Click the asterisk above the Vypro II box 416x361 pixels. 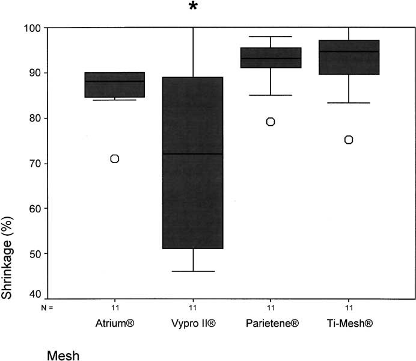(x=193, y=7)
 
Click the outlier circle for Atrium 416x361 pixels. (x=114, y=158)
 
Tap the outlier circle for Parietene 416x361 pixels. (x=271, y=122)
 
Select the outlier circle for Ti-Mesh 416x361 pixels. (x=349, y=140)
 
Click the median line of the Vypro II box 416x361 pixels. (x=193, y=154)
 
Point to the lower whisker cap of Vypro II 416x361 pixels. (x=193, y=271)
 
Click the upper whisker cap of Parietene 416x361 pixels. (x=271, y=37)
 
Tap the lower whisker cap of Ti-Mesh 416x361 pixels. (x=349, y=103)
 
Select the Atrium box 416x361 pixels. (x=114, y=85)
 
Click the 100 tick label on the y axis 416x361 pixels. (x=32, y=28)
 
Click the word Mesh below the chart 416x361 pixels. (x=63, y=355)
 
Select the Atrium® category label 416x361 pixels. (x=114, y=324)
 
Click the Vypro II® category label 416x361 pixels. (x=193, y=324)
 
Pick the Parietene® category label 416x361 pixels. (x=272, y=324)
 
